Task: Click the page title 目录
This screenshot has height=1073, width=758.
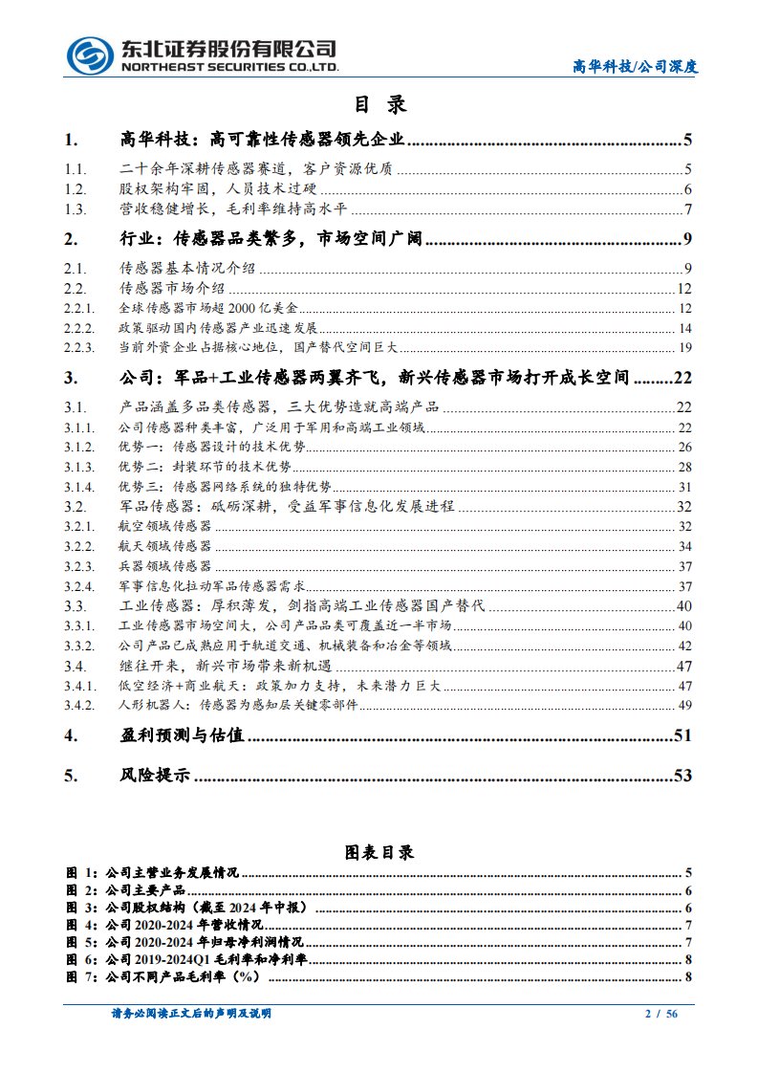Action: tap(379, 104)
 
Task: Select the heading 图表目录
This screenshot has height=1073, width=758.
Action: tap(379, 852)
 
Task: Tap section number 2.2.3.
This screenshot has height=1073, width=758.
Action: tap(81, 347)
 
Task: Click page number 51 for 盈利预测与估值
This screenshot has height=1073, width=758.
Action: tap(682, 736)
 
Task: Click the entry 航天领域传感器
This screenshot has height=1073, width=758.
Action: tap(165, 546)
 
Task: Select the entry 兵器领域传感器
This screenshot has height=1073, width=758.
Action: tap(165, 566)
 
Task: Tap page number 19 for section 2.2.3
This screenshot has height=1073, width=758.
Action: tap(684, 347)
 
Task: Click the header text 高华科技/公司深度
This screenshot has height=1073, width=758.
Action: tap(635, 67)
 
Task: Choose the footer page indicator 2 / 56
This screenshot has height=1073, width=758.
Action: tap(661, 1014)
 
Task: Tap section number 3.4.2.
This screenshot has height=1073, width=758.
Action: tap(81, 706)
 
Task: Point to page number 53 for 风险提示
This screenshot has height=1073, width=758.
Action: tap(682, 776)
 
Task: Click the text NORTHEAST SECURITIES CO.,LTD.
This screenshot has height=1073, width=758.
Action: tap(229, 68)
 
